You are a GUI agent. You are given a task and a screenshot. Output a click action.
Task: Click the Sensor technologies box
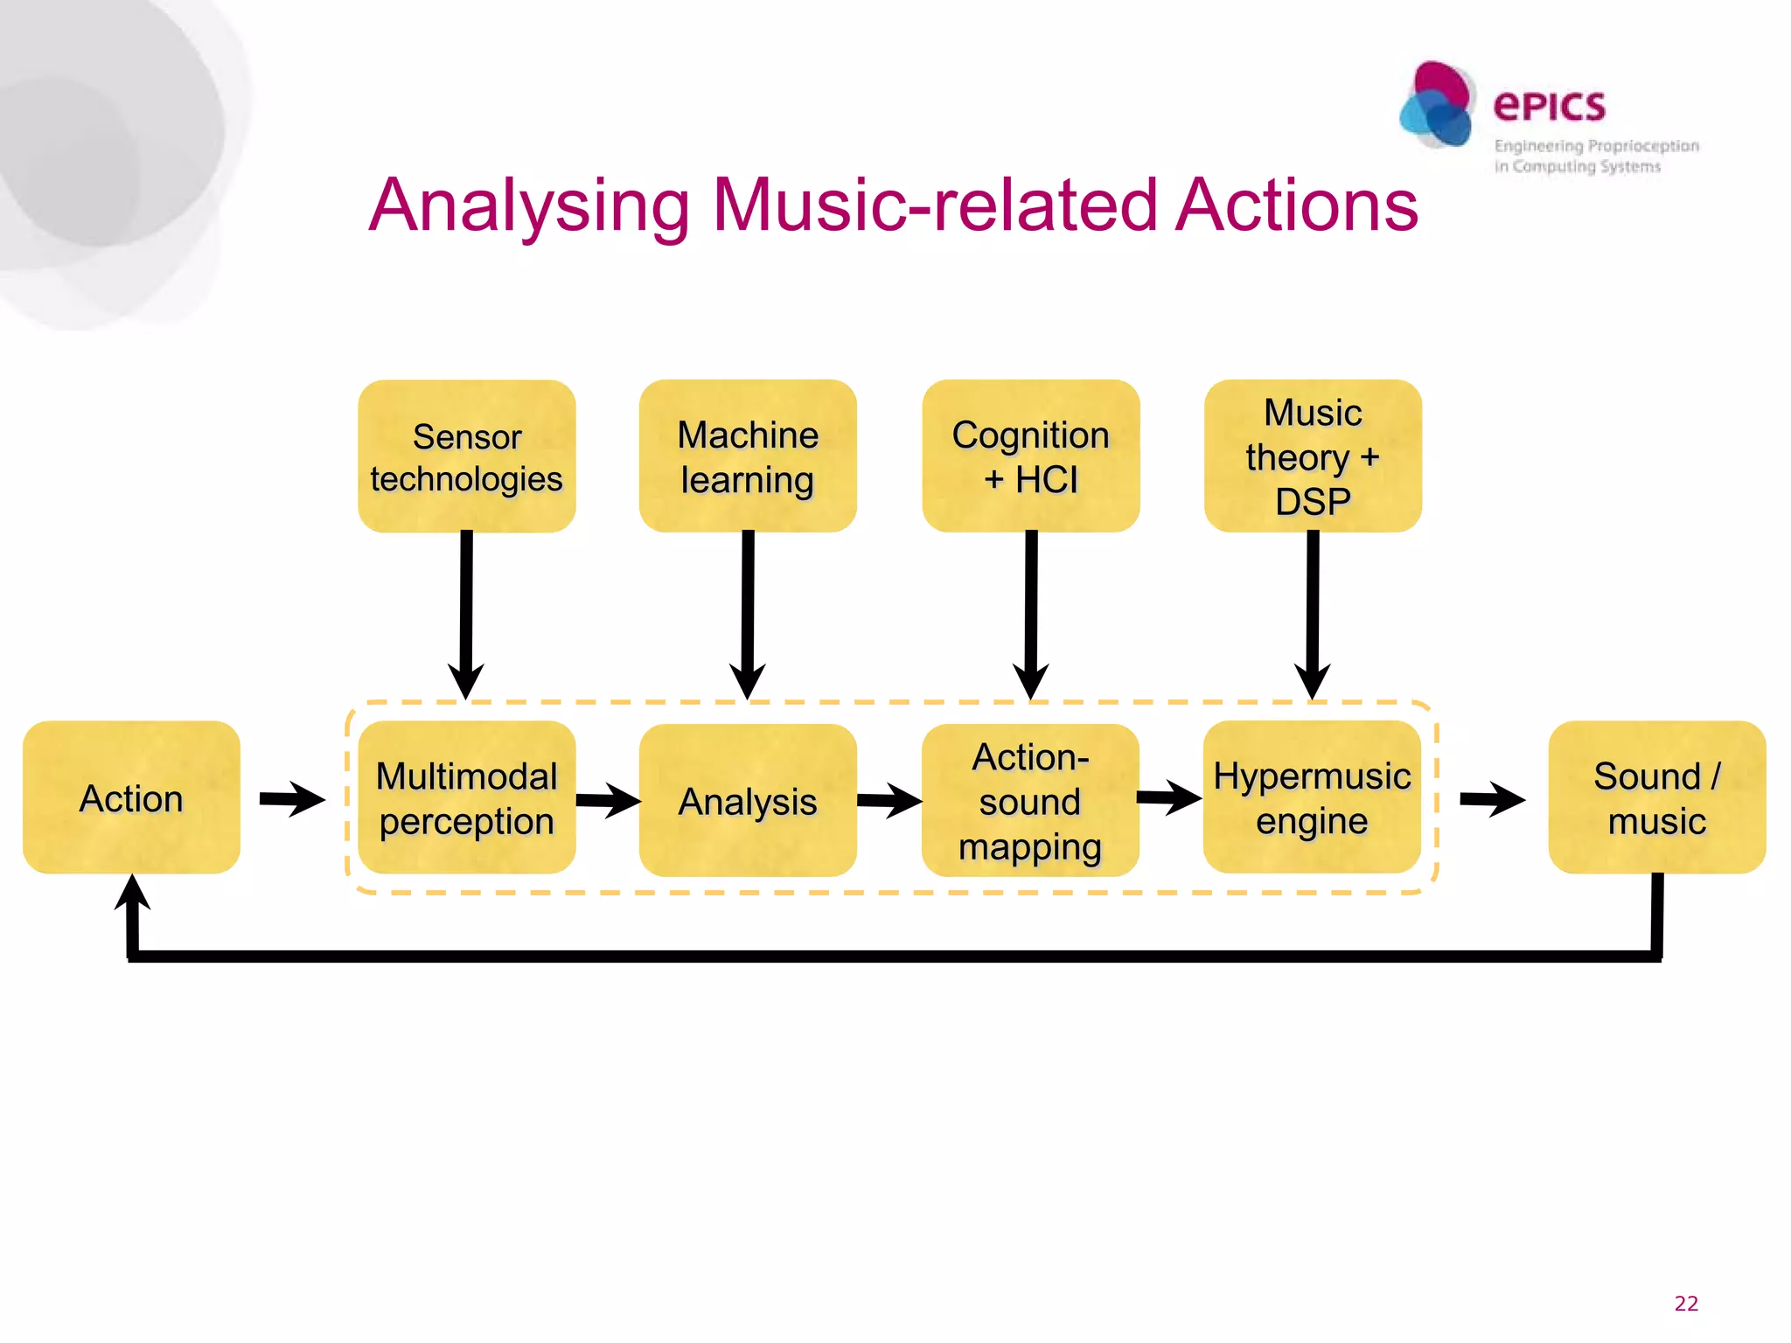[466, 456]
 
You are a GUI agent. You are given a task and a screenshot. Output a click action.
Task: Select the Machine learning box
[748, 456]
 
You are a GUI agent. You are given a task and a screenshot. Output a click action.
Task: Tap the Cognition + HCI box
[1030, 456]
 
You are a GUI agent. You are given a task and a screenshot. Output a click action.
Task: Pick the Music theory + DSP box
[1313, 456]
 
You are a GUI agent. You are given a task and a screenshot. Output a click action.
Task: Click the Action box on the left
[131, 797]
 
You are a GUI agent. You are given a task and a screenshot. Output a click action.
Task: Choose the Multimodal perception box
[466, 797]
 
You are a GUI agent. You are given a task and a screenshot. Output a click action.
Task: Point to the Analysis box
[748, 800]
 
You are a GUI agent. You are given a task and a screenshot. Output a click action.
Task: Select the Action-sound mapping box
[1030, 800]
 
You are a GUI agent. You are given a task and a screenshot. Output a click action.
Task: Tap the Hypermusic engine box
[1312, 797]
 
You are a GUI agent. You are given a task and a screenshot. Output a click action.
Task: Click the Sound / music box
[1656, 797]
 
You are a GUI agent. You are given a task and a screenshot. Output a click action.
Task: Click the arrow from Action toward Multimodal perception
[292, 798]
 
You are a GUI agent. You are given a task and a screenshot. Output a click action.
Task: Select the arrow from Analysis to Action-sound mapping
[889, 800]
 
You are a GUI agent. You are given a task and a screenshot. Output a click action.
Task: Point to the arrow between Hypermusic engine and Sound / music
[1492, 798]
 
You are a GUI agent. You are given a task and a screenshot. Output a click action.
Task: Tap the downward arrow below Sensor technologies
[466, 612]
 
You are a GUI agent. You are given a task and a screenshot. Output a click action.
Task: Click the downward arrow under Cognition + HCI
[1031, 612]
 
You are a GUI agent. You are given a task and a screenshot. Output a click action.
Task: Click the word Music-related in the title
[936, 206]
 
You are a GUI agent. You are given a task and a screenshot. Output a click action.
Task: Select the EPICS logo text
[1549, 107]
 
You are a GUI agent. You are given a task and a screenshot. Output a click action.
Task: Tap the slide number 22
[1685, 1303]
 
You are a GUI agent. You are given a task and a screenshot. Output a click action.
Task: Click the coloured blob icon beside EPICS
[1438, 105]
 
